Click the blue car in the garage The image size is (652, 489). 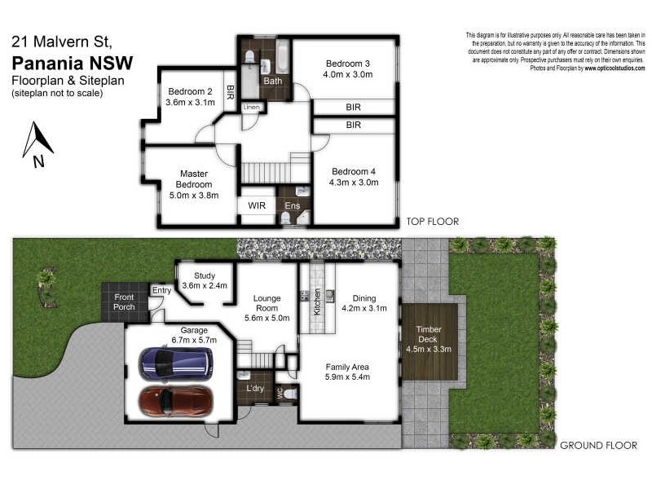pos(176,363)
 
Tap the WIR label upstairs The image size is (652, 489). pos(256,207)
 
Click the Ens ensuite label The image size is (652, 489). pos(291,207)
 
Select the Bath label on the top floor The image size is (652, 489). pos(272,81)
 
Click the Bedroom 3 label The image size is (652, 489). pos(348,64)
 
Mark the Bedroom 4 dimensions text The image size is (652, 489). pos(355,183)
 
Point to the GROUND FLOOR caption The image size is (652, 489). pos(597,445)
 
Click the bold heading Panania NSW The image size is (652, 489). pos(73,63)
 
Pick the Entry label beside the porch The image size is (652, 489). pos(162,290)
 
